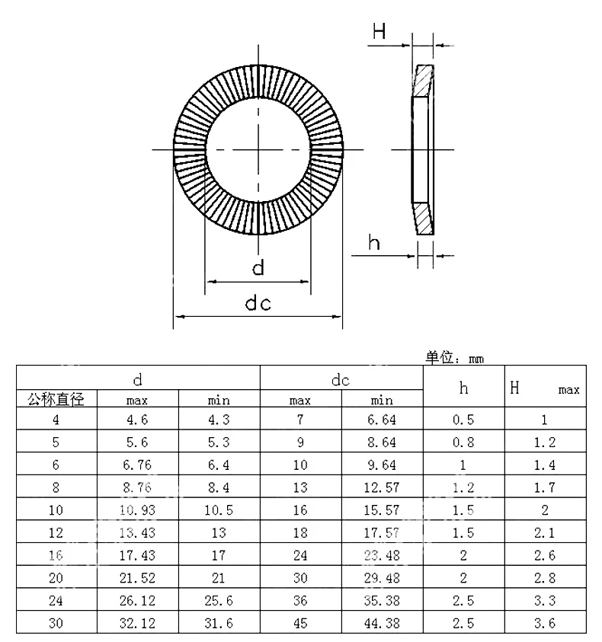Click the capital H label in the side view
coord(379,31)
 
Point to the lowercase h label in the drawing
coord(374,244)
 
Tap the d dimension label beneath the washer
coord(258,268)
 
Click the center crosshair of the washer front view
coord(258,149)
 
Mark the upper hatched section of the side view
coord(424,81)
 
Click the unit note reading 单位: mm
coord(455,357)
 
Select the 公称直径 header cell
coord(56,400)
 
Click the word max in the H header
coord(568,391)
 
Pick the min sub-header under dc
coord(382,400)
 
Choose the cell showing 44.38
coord(382,624)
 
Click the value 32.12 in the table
coord(138,624)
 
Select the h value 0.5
coord(463,420)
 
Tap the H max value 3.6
coord(545,624)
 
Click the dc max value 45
coord(300,624)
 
